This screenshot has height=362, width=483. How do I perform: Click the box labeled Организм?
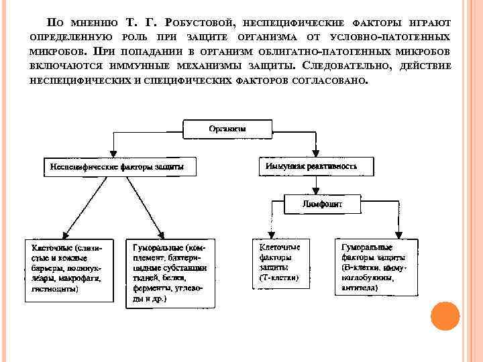click(x=226, y=127)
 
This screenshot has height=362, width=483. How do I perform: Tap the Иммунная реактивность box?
click(x=311, y=166)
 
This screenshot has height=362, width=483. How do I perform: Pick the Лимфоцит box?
click(x=321, y=202)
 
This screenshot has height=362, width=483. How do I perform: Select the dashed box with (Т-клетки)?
click(x=281, y=262)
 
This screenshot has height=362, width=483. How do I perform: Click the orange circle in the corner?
click(x=445, y=317)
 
